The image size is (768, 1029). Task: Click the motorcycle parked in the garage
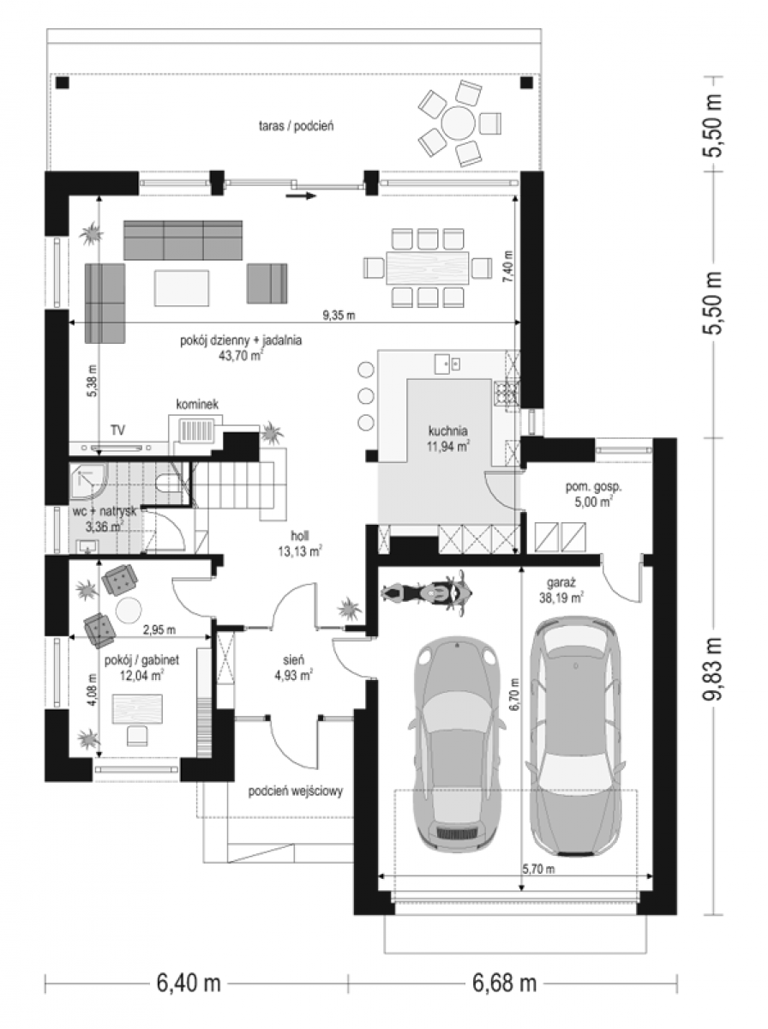click(x=426, y=593)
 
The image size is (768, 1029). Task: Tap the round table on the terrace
click(x=459, y=123)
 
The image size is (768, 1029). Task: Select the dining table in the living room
click(x=428, y=268)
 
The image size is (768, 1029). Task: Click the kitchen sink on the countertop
click(x=447, y=364)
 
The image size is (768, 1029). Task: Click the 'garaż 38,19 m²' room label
click(x=561, y=590)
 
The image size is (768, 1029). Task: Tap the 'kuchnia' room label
click(x=447, y=430)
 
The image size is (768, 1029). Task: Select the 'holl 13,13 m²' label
click(x=299, y=544)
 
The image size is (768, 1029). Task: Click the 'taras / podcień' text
click(x=296, y=126)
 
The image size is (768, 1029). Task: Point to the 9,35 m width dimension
click(x=339, y=316)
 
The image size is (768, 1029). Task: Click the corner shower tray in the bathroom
click(x=88, y=483)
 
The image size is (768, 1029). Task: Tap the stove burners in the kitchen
click(x=506, y=394)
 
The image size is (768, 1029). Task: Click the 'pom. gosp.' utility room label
click(x=594, y=486)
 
